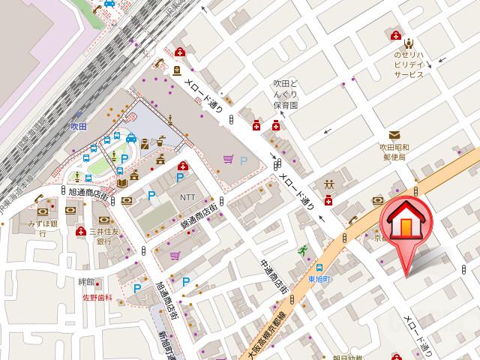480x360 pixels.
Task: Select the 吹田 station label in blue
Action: pos(79,128)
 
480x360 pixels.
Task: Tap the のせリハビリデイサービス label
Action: pos(409,64)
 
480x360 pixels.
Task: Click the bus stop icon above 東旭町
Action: pos(320,267)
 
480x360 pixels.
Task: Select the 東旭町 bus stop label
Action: pos(320,280)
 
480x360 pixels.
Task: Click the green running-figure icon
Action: pos(303,250)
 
